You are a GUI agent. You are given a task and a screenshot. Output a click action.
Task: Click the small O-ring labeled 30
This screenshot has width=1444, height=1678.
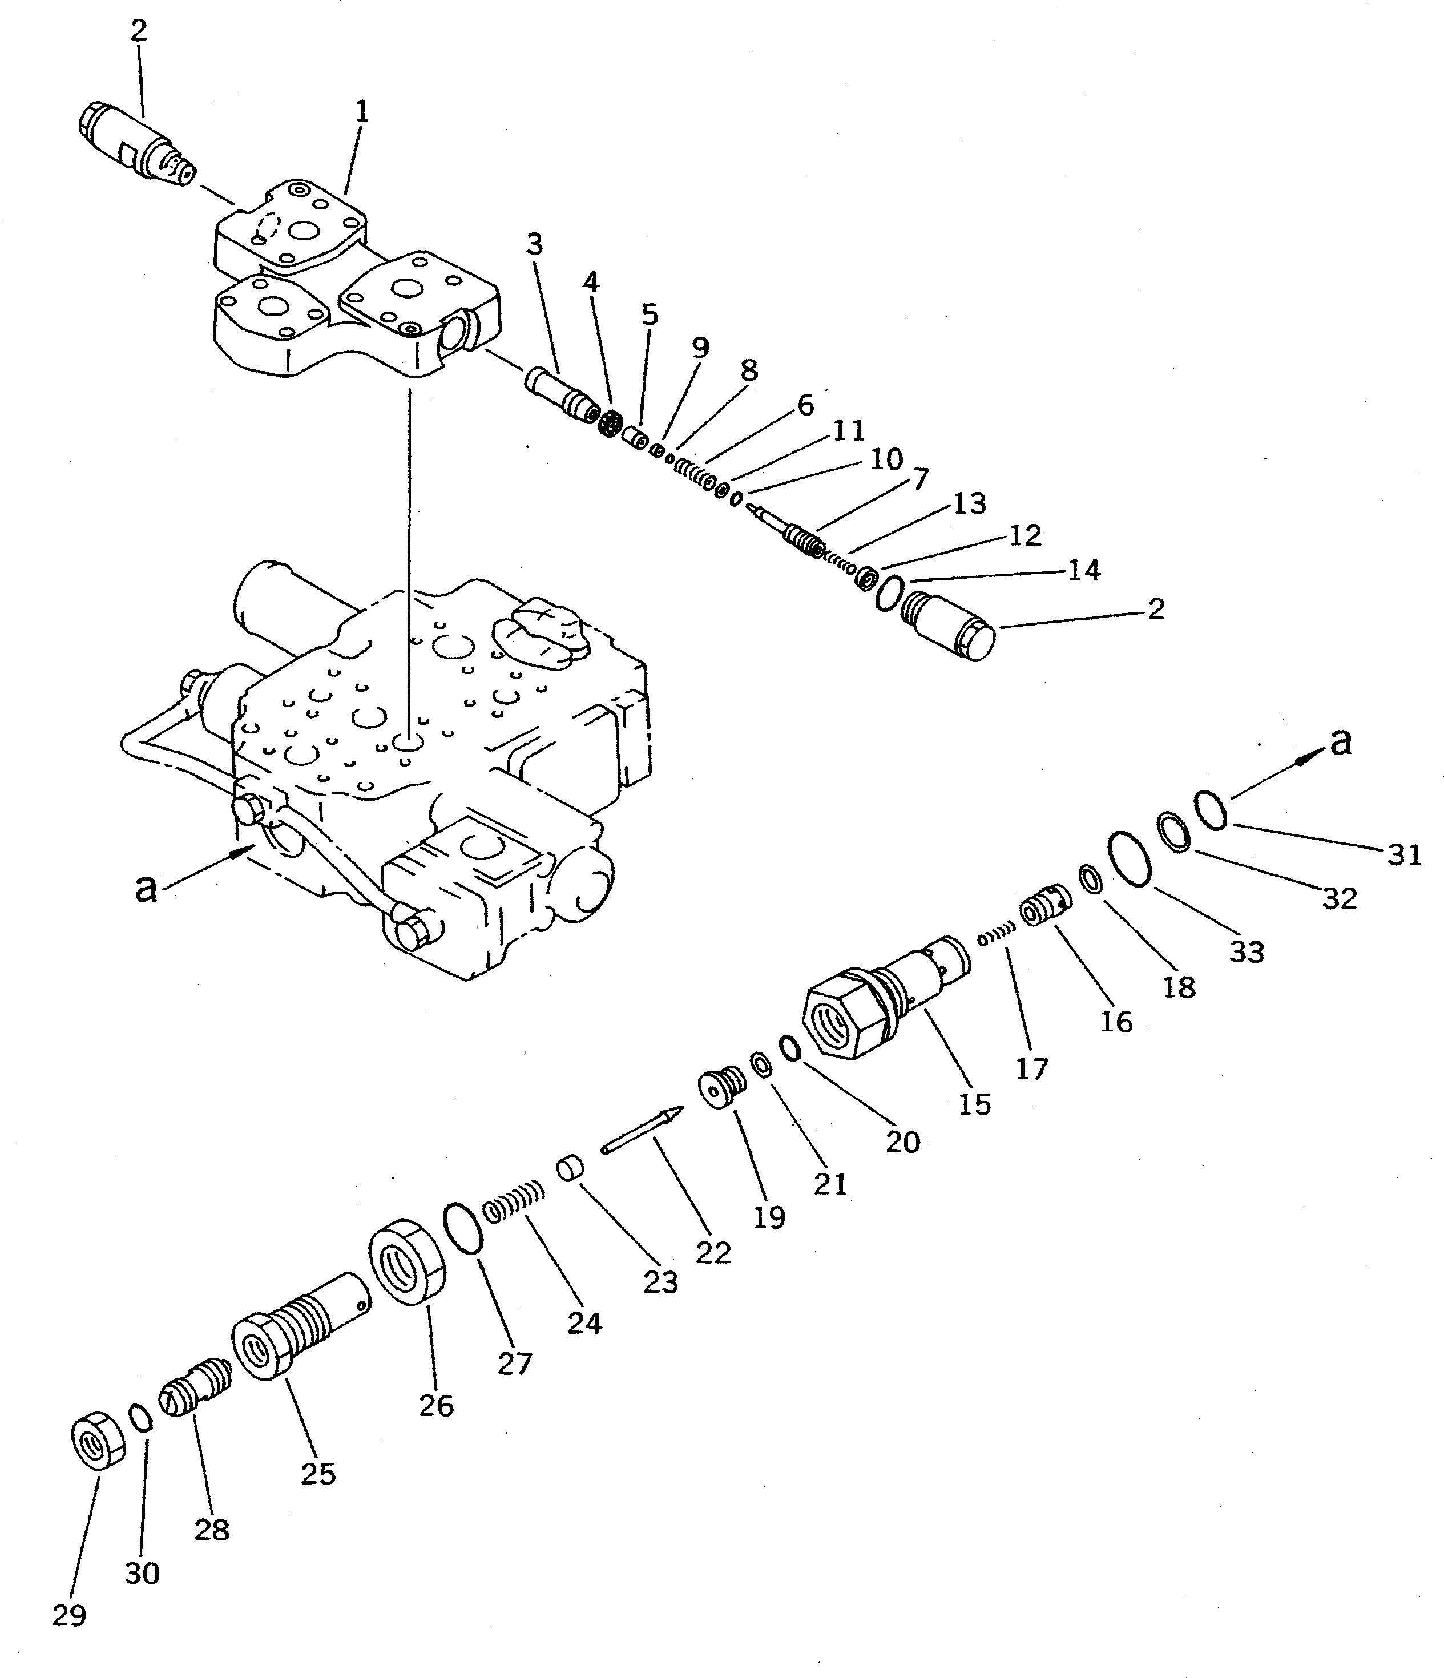point(141,1419)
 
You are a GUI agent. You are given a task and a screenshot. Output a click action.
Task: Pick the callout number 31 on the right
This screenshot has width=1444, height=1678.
point(1404,854)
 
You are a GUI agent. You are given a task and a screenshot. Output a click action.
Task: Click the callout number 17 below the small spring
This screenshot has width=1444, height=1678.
point(1032,1068)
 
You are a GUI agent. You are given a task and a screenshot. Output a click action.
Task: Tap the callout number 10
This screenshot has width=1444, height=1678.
point(886,460)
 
